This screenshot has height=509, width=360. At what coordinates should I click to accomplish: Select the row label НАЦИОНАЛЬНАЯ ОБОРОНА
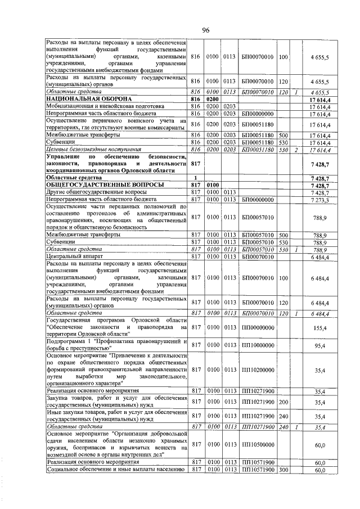(82, 100)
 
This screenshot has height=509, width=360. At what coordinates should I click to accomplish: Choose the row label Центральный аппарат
(73, 256)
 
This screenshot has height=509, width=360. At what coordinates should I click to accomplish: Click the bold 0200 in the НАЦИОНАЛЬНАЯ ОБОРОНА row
(213, 100)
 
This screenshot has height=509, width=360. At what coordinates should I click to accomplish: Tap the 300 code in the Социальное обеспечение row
(283, 469)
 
